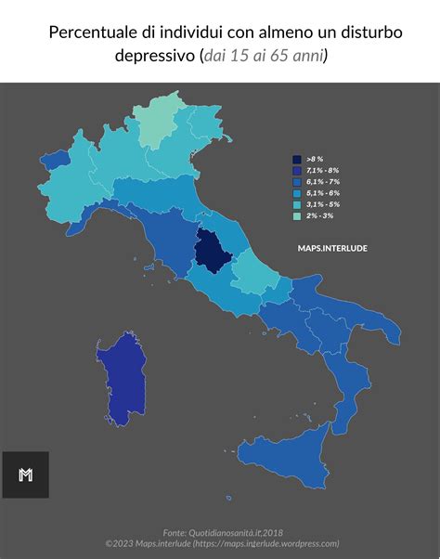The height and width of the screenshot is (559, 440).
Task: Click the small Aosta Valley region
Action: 57,160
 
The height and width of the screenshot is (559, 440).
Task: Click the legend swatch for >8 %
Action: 296,160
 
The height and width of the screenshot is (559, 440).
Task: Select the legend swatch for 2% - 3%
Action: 296,215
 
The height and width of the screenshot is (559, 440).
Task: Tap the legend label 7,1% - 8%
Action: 322,171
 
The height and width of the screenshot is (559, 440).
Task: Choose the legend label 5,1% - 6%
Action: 322,193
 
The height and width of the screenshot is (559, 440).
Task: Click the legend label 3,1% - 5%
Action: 322,204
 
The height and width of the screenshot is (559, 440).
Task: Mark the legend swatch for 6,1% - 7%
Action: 296,182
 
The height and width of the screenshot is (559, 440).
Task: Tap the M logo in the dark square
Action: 25,474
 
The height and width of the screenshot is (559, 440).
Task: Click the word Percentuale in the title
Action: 91,33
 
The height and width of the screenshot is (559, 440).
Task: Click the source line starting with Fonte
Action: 221,533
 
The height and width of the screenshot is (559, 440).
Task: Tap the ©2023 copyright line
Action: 221,544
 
